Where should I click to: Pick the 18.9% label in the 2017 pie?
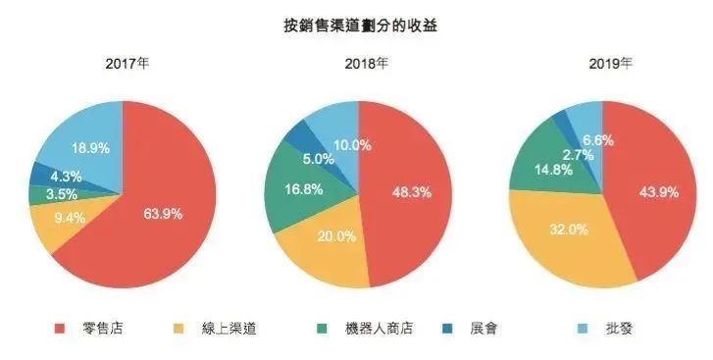point(90,148)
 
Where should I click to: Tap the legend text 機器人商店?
point(381,328)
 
